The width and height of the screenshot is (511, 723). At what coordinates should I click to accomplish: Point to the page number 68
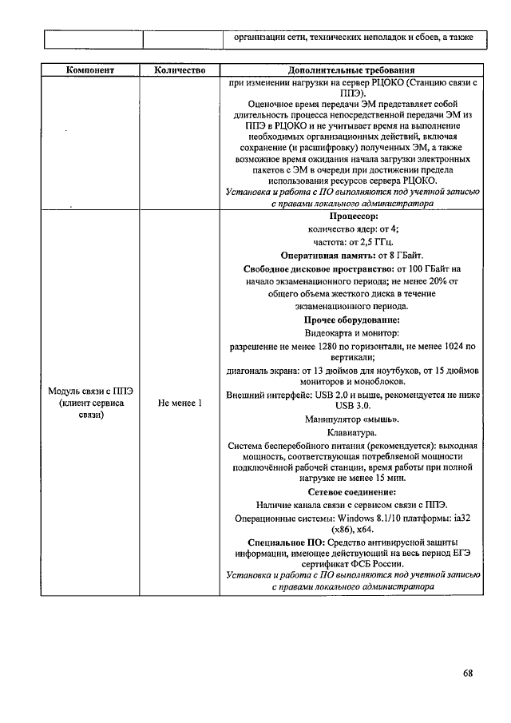(x=468, y=673)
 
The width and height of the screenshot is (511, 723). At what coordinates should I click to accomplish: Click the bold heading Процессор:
(x=353, y=216)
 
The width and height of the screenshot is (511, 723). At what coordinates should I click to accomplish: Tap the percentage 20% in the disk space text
(x=415, y=281)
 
